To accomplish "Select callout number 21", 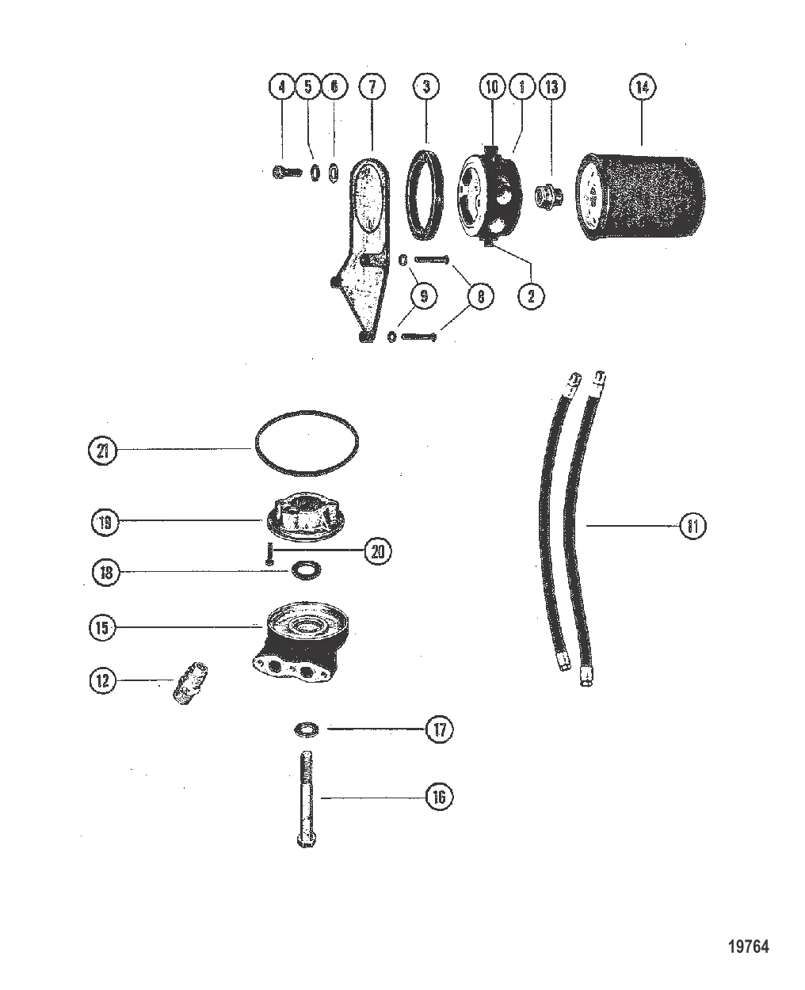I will [x=102, y=451].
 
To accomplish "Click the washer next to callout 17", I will [x=303, y=728].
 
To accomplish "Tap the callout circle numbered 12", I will [x=102, y=680].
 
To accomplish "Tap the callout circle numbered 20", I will [x=378, y=550].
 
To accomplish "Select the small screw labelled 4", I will [x=286, y=171].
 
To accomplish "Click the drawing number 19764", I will [x=748, y=946].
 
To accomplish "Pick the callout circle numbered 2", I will [x=531, y=296].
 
